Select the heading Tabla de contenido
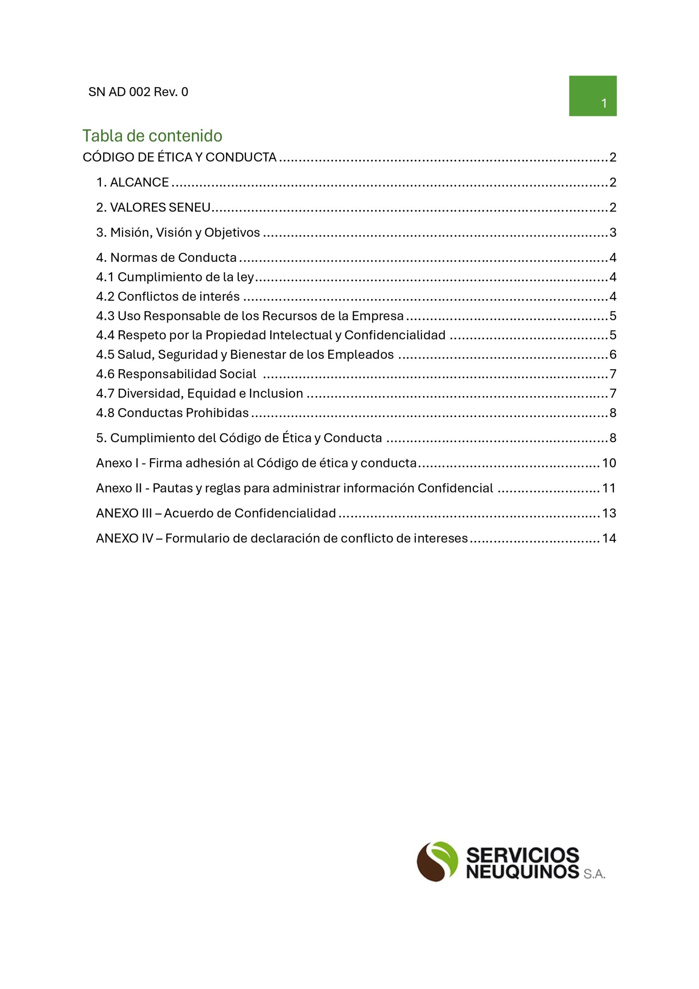tap(153, 136)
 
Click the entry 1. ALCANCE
tap(132, 183)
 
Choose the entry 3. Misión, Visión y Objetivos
tap(178, 233)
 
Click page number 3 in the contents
tap(612, 233)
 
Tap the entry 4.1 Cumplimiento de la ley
tap(175, 277)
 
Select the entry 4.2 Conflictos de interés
tap(168, 296)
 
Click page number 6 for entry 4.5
tap(612, 355)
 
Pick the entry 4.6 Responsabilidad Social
tap(176, 374)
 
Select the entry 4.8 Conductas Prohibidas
tap(172, 413)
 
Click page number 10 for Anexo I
tap(609, 463)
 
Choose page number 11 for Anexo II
tap(609, 488)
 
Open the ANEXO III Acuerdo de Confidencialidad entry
tap(216, 513)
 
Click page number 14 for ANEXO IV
tap(609, 538)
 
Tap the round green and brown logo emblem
tap(437, 861)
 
